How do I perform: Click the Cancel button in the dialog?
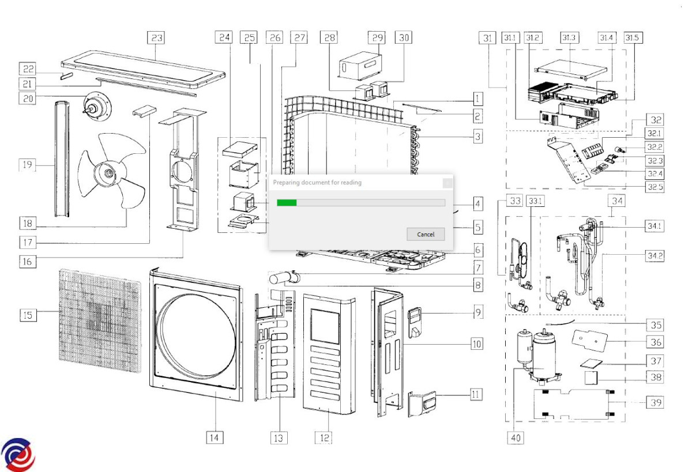[x=426, y=234]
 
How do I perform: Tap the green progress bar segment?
[x=287, y=202]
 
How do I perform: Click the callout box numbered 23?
[x=156, y=38]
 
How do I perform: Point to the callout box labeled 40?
[x=515, y=438]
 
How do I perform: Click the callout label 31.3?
[x=569, y=38]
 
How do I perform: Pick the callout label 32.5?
[x=655, y=186]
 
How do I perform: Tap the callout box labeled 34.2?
[x=654, y=256]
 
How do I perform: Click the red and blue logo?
[x=17, y=455]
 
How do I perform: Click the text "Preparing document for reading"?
[x=317, y=183]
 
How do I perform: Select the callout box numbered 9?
[x=477, y=313]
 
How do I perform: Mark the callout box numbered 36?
[x=656, y=342]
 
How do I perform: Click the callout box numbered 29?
[x=377, y=38]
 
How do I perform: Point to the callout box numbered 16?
[x=27, y=261]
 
